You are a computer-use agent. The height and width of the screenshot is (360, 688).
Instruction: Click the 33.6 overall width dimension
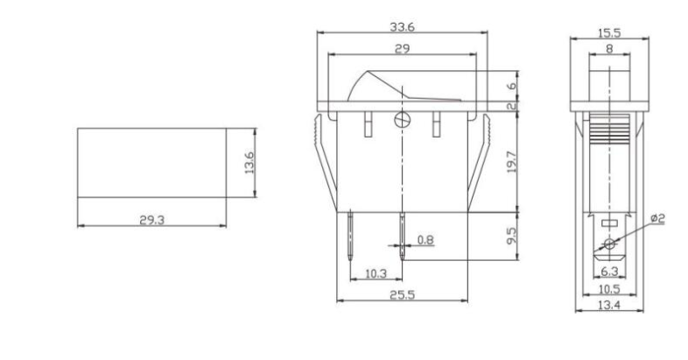point(403,27)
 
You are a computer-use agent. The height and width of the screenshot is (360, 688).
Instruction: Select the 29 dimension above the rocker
point(403,50)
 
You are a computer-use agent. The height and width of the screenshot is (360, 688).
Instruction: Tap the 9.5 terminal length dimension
point(511,236)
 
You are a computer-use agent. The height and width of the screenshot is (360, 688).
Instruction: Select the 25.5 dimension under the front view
point(403,296)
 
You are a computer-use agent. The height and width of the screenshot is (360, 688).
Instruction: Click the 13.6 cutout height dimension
point(249,162)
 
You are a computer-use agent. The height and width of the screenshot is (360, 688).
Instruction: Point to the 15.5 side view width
point(608,32)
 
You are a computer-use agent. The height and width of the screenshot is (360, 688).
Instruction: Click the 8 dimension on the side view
point(609,49)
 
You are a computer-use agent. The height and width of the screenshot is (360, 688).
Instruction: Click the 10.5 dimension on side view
point(609,289)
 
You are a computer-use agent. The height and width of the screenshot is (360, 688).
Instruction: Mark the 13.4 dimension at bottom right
point(609,304)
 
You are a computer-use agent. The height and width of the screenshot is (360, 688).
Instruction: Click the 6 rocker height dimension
point(511,88)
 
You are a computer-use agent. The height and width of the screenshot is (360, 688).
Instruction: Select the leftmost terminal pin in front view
point(350,236)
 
